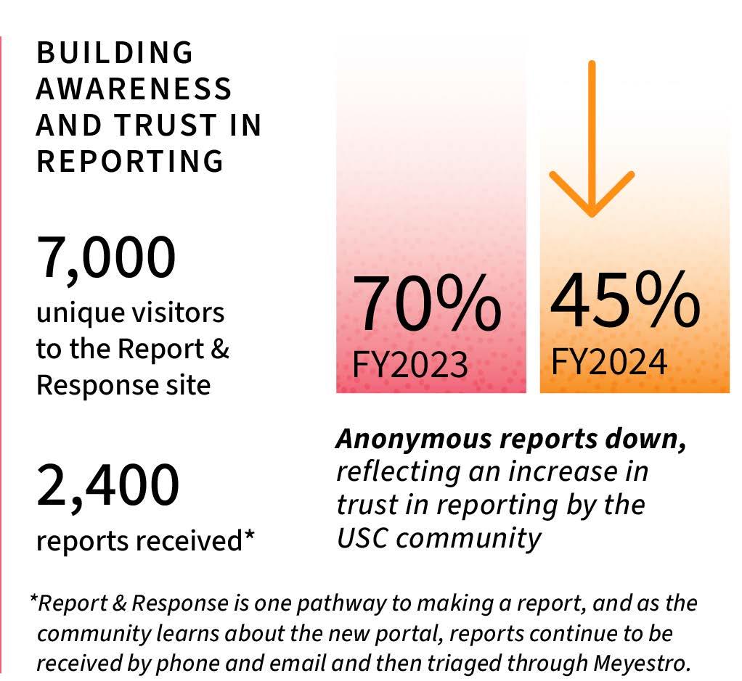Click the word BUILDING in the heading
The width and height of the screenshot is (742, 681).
pos(114,53)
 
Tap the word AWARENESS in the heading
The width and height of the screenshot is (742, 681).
pos(134,89)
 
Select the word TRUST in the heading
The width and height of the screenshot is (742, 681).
pos(154,125)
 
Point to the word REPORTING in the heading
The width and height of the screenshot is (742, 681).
pos(130,161)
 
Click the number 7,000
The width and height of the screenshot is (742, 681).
pos(107,257)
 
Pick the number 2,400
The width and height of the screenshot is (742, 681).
pos(107,486)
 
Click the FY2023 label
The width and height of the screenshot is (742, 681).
pos(410,364)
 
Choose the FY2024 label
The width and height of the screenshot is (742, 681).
pos(609,361)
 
